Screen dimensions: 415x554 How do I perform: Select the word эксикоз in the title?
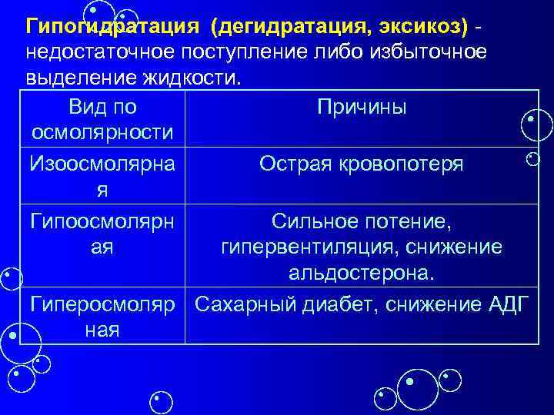tap(423, 28)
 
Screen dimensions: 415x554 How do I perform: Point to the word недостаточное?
tap(103, 53)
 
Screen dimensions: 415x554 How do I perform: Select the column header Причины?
tap(361, 108)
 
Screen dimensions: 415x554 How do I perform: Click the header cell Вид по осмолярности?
tap(101, 120)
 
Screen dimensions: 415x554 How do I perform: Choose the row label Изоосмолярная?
tap(101, 176)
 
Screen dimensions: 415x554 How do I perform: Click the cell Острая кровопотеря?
tap(361, 164)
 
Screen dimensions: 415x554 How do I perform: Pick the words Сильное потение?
tap(361, 222)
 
